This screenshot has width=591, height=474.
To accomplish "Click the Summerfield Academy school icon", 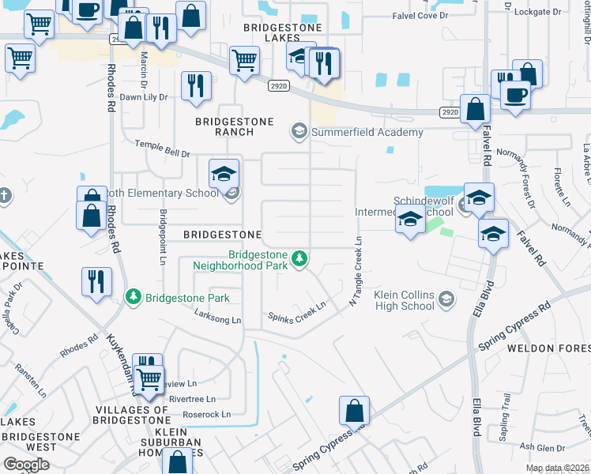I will point(299,130).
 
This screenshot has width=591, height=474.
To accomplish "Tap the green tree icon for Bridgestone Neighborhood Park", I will point(299,258).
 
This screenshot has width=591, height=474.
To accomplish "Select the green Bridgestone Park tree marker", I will point(134,298).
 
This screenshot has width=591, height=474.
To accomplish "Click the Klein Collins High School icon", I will point(447,299).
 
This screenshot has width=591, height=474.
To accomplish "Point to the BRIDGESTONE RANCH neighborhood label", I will point(235,126).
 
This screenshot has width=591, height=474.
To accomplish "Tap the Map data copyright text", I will point(557,468).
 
